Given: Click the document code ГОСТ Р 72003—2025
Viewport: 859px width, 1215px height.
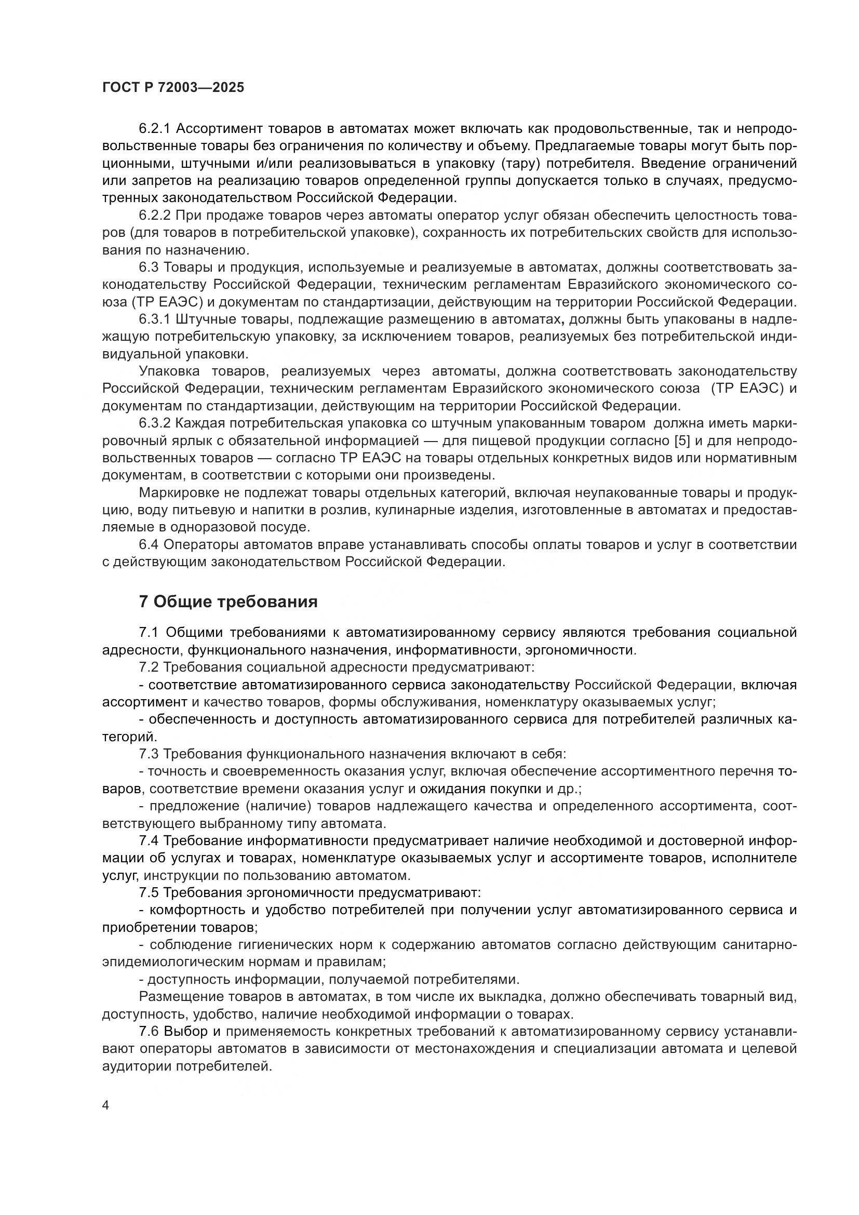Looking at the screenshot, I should (173, 88).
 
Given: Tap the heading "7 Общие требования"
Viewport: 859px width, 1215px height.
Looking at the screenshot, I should (228, 602).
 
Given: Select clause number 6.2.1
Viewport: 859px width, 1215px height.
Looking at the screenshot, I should (154, 129).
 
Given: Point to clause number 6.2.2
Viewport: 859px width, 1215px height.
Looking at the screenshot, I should (154, 216).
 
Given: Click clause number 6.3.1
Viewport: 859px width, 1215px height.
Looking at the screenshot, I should (154, 319).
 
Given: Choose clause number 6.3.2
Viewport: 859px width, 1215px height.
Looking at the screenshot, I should (154, 424).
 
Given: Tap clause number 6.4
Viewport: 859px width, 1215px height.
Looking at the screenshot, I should (149, 545).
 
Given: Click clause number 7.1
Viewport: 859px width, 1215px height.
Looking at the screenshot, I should (149, 633).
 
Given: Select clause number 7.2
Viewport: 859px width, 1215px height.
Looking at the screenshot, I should (149, 668).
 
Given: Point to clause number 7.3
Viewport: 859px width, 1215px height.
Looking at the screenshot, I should (149, 754).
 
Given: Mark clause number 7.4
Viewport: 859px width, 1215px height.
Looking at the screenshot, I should (149, 841).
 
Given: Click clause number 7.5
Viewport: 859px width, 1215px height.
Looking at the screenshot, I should (149, 893).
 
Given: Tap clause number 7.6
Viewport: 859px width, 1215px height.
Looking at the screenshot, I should (149, 1032).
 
